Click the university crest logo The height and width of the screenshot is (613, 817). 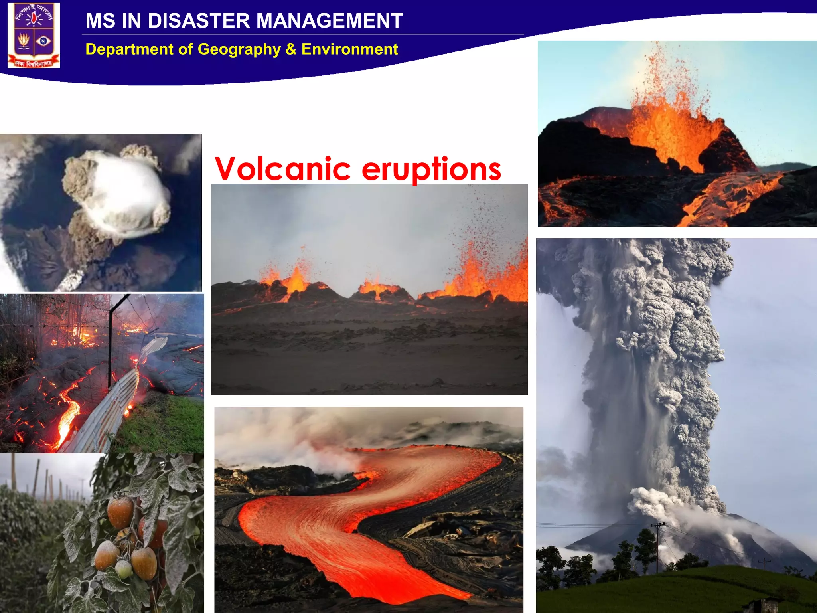pyautogui.click(x=34, y=35)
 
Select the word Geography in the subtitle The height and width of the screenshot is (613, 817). pyautogui.click(x=239, y=49)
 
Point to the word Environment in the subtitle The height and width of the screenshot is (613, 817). pyautogui.click(x=349, y=49)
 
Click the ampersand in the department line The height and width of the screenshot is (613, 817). pyautogui.click(x=291, y=49)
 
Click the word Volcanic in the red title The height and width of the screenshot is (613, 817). pyautogui.click(x=282, y=169)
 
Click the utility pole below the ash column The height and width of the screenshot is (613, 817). pyautogui.click(x=657, y=547)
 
